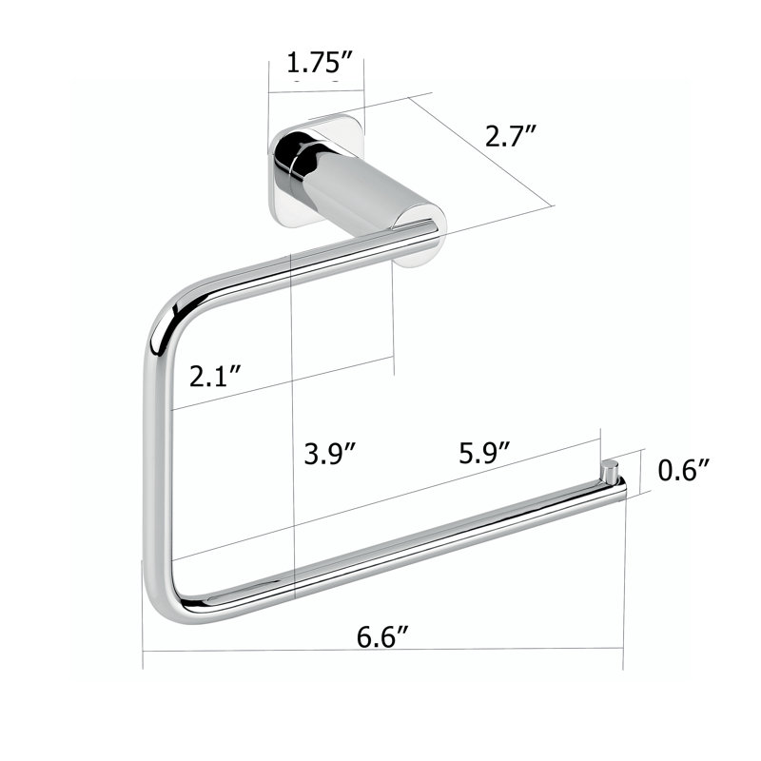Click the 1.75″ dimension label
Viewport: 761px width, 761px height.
point(319,63)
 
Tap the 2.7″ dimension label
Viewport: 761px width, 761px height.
point(511,136)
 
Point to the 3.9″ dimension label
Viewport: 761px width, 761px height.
point(330,455)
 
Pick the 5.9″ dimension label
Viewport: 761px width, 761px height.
point(484,453)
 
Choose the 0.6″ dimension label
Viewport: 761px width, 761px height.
point(684,470)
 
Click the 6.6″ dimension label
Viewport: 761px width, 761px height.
point(383,637)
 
